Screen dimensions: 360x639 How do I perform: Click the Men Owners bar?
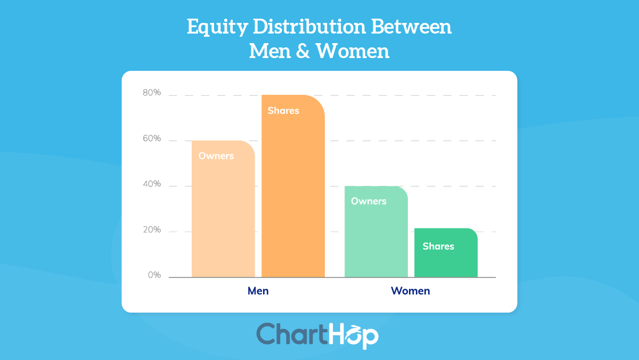pyautogui.click(x=223, y=213)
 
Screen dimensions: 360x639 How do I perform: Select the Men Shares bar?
pyautogui.click(x=293, y=192)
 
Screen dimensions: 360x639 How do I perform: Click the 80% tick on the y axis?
pyautogui.click(x=152, y=93)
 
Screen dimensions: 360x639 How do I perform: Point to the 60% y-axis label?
pyautogui.click(x=152, y=138)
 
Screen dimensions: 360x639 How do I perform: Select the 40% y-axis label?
pyautogui.click(x=152, y=184)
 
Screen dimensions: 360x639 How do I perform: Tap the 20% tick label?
pyautogui.click(x=152, y=230)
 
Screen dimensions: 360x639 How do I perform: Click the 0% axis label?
pyautogui.click(x=154, y=275)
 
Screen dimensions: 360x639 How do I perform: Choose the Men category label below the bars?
pyautogui.click(x=258, y=291)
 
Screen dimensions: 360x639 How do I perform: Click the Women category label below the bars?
pyautogui.click(x=410, y=291)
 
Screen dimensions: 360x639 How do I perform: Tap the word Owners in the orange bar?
pyautogui.click(x=216, y=156)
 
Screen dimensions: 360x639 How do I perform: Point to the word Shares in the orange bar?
pyautogui.click(x=283, y=111)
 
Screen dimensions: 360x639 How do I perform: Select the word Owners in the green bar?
pyautogui.click(x=368, y=201)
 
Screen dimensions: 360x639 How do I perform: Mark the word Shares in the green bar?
pyautogui.click(x=438, y=246)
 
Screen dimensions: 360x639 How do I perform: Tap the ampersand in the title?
pyautogui.click(x=302, y=52)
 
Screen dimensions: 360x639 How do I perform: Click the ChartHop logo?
pyautogui.click(x=317, y=335)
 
